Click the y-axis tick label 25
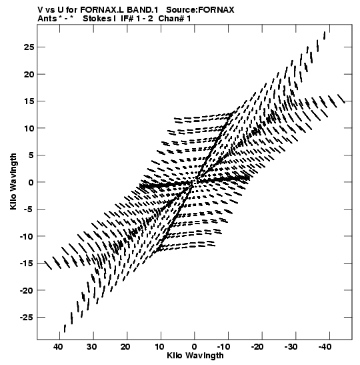29,47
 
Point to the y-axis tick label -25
27,318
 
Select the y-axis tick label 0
31,182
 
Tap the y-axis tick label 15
29,101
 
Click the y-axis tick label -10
27,236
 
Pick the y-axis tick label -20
27,290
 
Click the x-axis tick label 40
58,347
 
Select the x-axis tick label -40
325,347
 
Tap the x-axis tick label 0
195,347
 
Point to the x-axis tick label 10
159,347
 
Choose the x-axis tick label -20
257,347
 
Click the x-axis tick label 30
92,347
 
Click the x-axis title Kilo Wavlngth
195,356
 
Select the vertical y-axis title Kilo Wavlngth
13,181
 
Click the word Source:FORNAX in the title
200,10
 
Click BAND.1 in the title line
142,10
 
